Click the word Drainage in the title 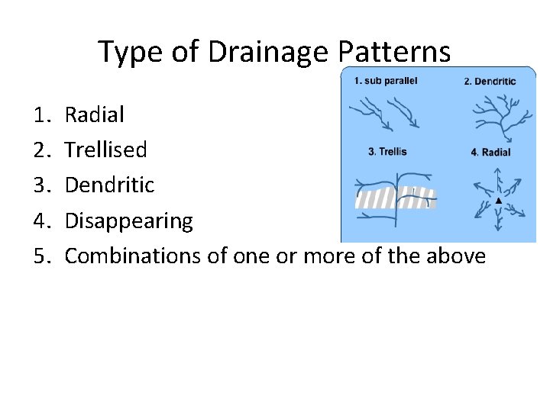(253, 52)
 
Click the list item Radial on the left (94, 115)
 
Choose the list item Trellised (105, 150)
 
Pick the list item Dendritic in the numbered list (109, 185)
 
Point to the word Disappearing (128, 221)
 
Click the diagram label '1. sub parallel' (386, 81)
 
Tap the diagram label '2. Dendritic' (490, 82)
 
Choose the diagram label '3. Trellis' (389, 151)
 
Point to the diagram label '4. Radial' (490, 152)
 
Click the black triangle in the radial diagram (498, 200)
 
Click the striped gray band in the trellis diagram (395, 198)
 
